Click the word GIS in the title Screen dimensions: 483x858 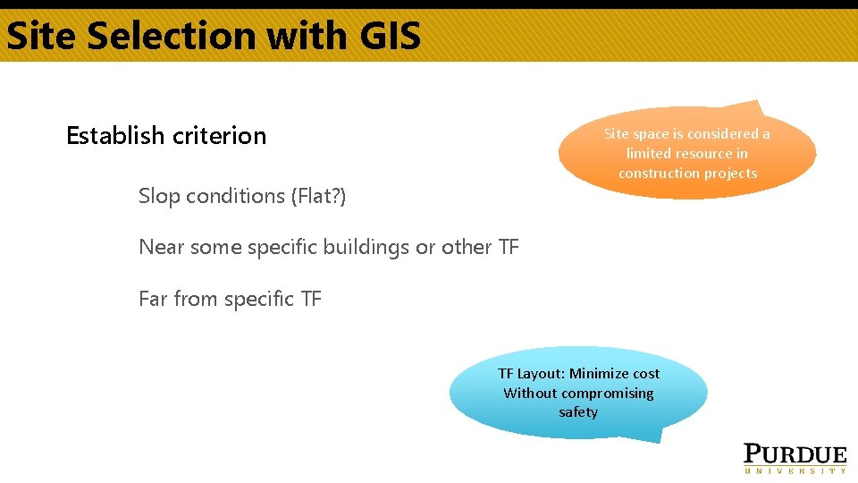[x=388, y=36]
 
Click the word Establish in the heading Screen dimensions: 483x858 [x=115, y=135]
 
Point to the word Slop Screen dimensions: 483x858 [x=159, y=196]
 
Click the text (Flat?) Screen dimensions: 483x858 [x=318, y=196]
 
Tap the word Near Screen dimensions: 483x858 [x=162, y=247]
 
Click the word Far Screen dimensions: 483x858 [x=153, y=299]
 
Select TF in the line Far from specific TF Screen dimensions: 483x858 [x=311, y=299]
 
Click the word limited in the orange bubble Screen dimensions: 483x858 [x=648, y=154]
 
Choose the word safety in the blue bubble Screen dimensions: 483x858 [x=578, y=412]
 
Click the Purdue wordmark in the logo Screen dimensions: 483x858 [x=795, y=453]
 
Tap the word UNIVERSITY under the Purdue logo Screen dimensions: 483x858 [x=795, y=470]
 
